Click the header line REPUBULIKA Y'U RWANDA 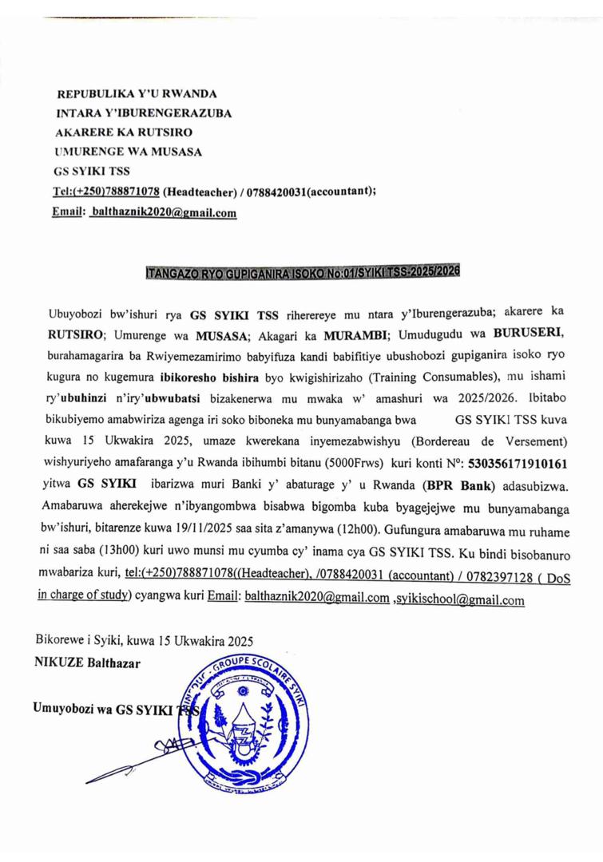137,93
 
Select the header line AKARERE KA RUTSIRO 124,132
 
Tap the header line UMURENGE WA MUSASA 128,151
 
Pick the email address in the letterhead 164,213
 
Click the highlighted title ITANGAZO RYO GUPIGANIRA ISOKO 303,271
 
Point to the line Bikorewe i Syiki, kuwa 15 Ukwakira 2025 145,640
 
